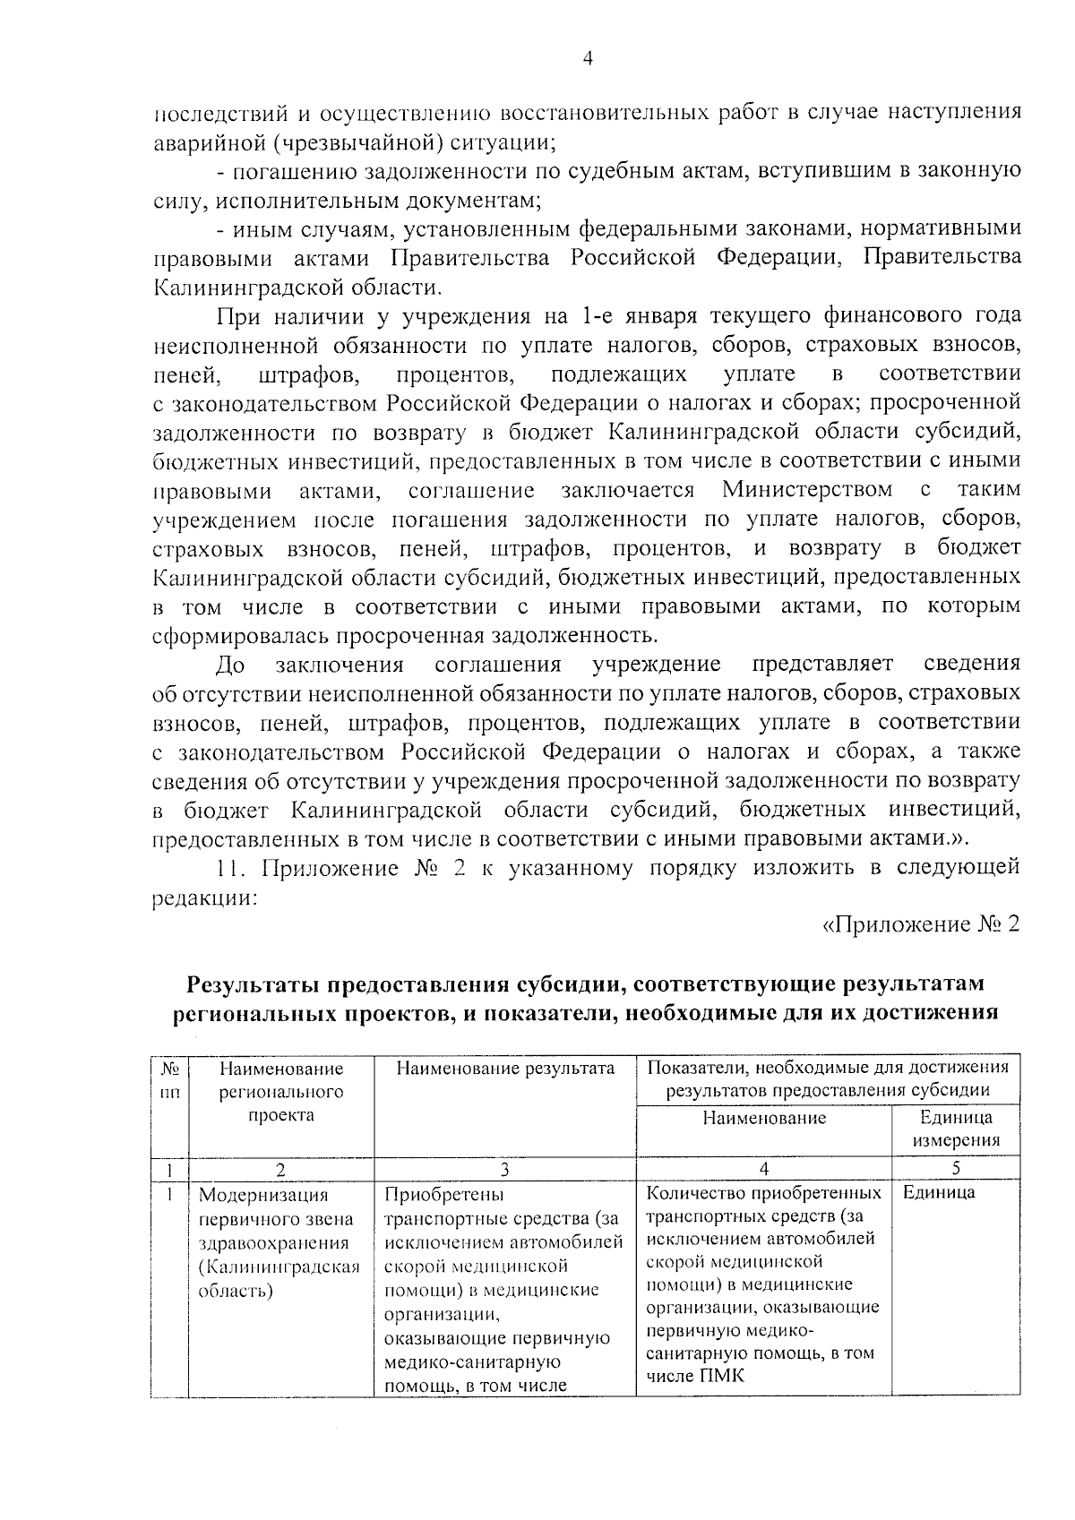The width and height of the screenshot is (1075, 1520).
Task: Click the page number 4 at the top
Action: click(588, 59)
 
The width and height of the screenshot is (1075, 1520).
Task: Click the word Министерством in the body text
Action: click(806, 490)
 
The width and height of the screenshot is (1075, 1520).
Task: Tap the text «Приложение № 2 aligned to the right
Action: click(921, 924)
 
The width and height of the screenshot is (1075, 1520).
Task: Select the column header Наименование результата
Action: click(505, 1069)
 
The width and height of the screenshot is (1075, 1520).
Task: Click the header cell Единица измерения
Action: click(956, 1129)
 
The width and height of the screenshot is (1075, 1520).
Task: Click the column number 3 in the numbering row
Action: click(505, 1168)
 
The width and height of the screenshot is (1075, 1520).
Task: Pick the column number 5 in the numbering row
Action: click(956, 1168)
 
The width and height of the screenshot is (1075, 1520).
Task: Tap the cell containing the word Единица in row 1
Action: click(939, 1193)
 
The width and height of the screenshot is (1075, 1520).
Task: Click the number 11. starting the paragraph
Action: click(235, 868)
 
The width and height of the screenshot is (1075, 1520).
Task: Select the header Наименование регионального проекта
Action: click(281, 1091)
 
